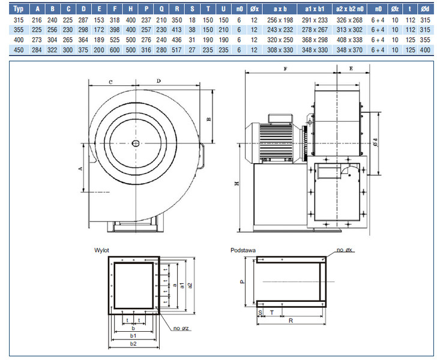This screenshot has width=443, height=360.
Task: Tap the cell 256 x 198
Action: (280, 20)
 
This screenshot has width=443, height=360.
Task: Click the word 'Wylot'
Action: (101, 249)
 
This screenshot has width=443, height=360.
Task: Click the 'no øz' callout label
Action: (181, 329)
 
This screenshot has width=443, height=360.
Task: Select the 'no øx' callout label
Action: (346, 250)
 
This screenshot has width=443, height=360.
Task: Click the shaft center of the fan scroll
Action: (136, 143)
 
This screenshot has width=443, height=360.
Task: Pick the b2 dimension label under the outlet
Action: (133, 344)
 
